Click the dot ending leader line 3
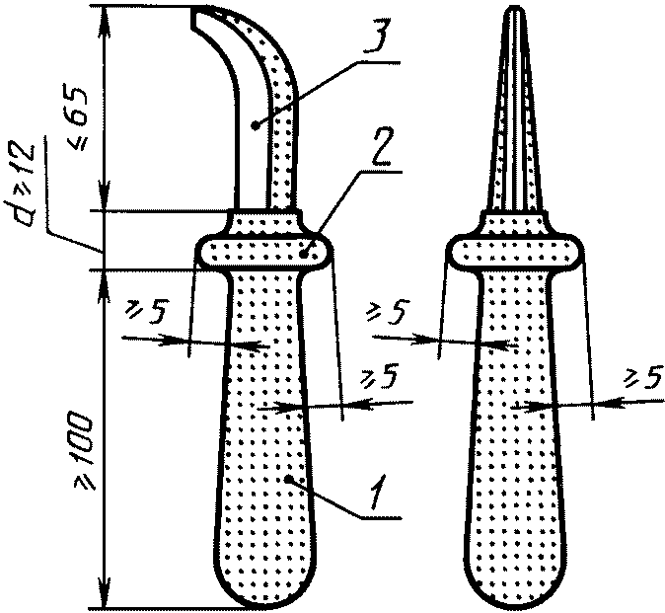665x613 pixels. point(255,125)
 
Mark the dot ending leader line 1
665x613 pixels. point(287,479)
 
